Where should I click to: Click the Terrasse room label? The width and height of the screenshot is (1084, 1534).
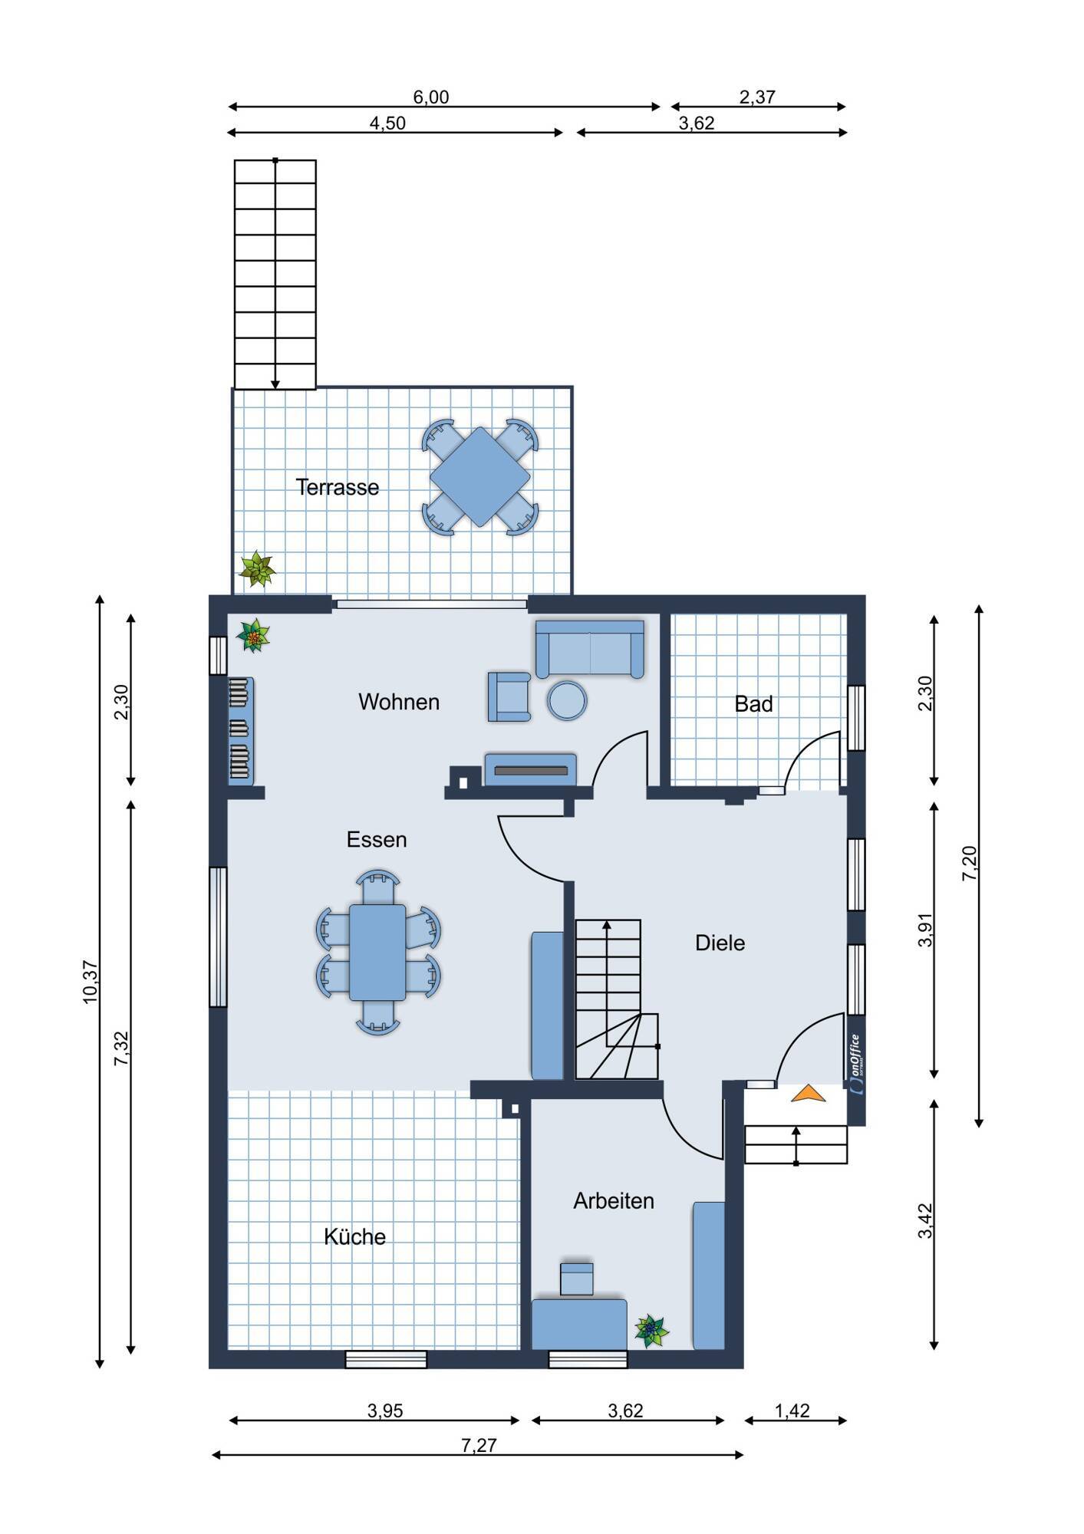click(x=338, y=488)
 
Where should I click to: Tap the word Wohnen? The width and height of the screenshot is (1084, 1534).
click(x=399, y=702)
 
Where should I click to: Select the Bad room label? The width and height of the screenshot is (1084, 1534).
click(x=753, y=704)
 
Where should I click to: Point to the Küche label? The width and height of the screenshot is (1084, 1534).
click(x=354, y=1236)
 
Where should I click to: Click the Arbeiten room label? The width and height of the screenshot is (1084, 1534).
click(x=614, y=1200)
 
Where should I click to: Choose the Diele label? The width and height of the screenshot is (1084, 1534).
click(x=720, y=943)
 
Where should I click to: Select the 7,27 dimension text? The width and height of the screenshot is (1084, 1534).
click(x=479, y=1445)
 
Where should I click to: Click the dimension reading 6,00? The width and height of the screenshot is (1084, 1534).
click(x=431, y=97)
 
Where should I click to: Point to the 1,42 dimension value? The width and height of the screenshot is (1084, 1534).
click(x=792, y=1411)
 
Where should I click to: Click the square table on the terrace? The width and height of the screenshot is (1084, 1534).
click(x=479, y=477)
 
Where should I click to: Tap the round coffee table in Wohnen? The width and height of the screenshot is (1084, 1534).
click(x=568, y=700)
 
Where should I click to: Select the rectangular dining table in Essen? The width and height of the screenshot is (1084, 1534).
click(x=377, y=952)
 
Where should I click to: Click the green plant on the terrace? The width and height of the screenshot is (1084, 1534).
click(x=257, y=569)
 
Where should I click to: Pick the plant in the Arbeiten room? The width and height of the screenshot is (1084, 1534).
click(x=652, y=1331)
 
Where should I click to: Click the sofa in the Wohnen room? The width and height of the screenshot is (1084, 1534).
click(x=590, y=649)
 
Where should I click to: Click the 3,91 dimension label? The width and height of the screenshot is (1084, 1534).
click(x=926, y=930)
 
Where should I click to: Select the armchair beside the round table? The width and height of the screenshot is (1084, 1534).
click(x=509, y=696)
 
